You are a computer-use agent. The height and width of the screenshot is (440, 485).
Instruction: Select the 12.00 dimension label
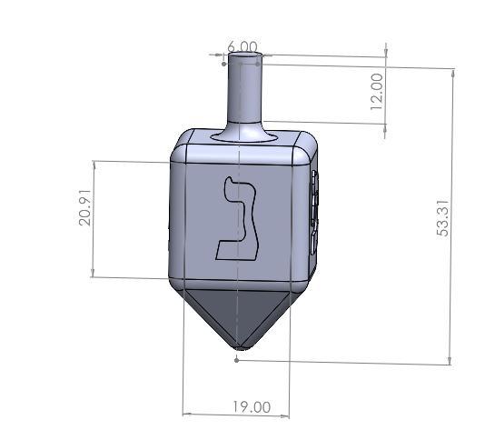376,91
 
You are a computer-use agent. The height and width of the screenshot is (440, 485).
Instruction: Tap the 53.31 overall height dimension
442,217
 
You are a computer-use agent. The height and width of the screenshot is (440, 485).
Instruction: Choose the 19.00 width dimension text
251,406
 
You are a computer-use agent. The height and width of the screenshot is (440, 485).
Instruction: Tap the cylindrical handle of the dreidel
243,91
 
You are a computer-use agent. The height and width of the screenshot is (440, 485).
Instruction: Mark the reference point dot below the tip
238,360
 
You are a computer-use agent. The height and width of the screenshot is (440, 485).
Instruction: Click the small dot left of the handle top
223,64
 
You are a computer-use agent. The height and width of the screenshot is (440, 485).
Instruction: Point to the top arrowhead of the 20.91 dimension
94,164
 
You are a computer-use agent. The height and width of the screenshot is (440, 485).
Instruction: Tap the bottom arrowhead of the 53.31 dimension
450,362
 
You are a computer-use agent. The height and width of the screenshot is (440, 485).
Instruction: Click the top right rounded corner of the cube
307,145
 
